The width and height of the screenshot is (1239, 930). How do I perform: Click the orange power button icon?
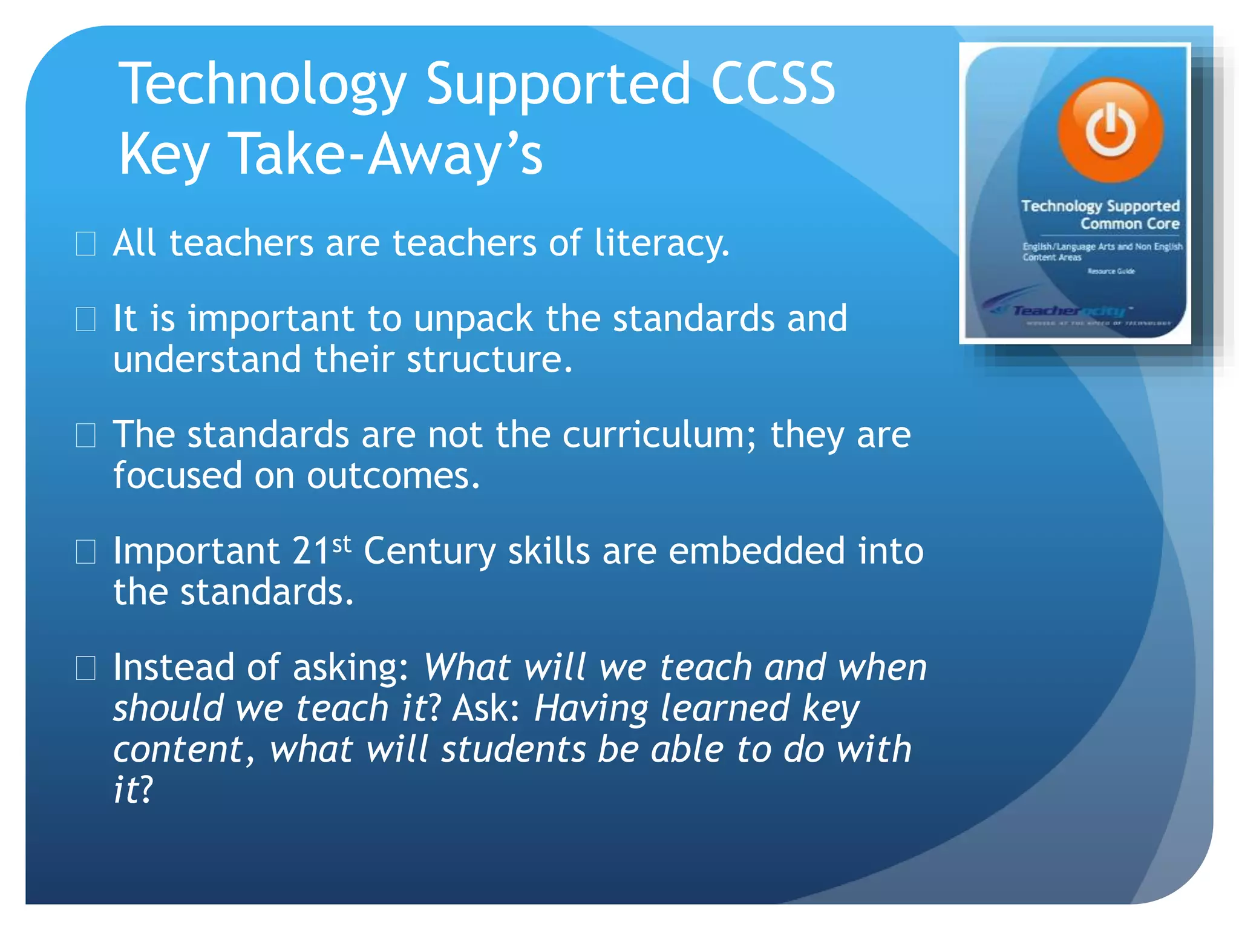tap(1110, 130)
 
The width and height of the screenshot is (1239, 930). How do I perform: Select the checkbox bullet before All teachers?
tap(85, 244)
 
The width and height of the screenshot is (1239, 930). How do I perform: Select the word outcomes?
tap(393, 476)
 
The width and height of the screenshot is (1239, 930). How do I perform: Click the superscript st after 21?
tap(342, 543)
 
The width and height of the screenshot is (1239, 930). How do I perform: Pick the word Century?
tap(430, 552)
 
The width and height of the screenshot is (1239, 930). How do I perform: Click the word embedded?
tap(756, 552)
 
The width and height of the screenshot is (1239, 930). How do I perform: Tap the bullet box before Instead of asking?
tap(85, 668)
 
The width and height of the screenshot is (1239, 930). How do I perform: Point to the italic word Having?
tap(590, 708)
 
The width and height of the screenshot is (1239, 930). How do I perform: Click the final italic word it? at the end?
tap(133, 790)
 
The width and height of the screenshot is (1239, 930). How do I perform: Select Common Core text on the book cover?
tap(1129, 224)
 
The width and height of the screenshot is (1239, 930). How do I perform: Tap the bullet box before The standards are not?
tap(85, 435)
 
